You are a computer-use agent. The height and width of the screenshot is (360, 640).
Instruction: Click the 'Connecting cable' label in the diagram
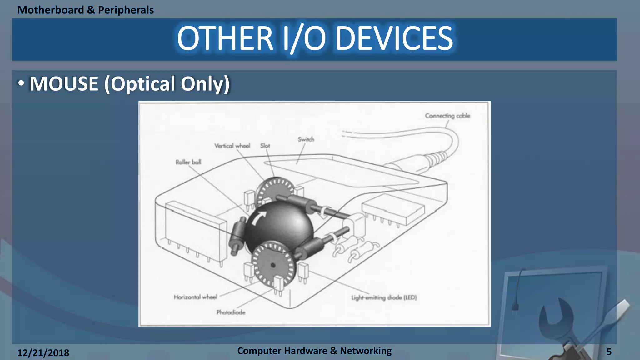point(447,116)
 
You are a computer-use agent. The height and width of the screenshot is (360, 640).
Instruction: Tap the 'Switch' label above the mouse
point(306,139)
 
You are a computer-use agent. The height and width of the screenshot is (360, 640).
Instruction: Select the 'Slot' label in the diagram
point(265,146)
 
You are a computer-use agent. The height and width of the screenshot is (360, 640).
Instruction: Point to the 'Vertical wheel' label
point(232,146)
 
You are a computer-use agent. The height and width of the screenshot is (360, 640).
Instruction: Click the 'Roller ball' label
point(188,162)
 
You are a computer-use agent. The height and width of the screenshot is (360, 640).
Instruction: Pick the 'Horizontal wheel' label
point(195,297)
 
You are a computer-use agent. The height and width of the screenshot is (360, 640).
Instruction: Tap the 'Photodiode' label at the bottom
point(231,312)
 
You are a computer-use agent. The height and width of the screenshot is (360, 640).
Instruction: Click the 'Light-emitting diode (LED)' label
point(384,297)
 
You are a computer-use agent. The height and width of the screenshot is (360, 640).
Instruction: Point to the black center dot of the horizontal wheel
point(273,265)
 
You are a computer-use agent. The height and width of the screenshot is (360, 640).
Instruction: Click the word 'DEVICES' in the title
point(394,38)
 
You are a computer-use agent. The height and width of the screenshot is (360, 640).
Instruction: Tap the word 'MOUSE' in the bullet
point(64,84)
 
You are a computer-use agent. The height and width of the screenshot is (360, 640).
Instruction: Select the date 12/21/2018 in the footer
point(43,353)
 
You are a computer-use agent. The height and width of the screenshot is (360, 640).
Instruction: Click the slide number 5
point(609,352)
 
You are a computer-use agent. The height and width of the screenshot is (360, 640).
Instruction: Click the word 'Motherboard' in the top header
point(51,10)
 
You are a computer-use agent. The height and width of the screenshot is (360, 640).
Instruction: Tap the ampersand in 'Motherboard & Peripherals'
point(91,10)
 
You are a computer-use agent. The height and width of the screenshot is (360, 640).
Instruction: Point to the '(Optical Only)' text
point(167,84)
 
